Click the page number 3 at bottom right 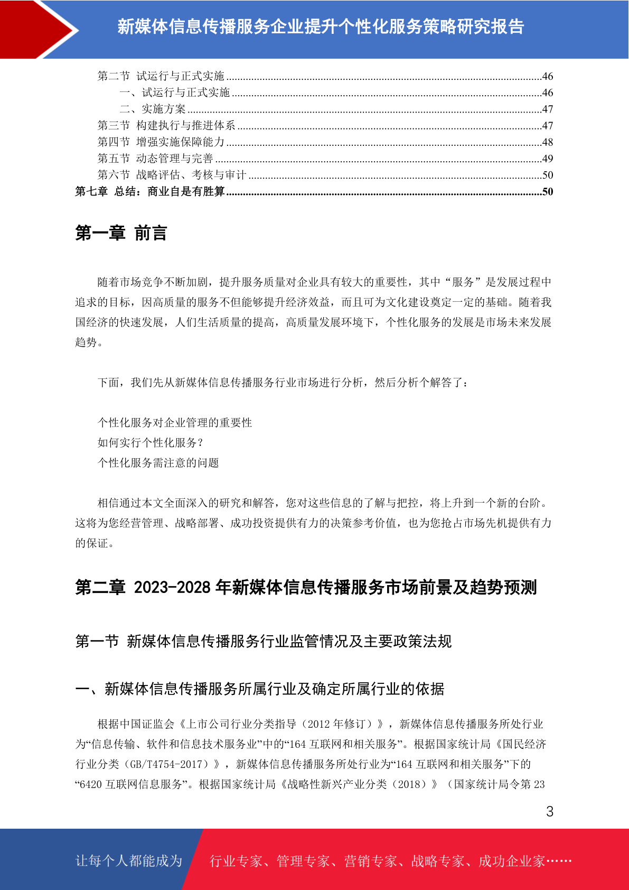coord(549,812)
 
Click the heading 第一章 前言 coord(121,233)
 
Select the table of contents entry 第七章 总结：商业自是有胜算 coord(150,191)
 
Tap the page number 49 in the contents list coord(547,159)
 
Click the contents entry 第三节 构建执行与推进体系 coord(166,126)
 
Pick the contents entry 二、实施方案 coord(153,109)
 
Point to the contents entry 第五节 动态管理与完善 coord(155,159)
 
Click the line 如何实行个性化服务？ coord(151,443)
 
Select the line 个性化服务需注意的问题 coord(158,463)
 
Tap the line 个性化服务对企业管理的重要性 coord(175,423)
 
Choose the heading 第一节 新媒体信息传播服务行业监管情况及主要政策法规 coord(263,642)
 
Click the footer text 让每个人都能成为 coord(129,861)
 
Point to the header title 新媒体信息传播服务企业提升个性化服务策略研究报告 coord(321,27)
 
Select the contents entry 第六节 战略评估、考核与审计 coord(172,175)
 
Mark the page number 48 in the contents coord(547,142)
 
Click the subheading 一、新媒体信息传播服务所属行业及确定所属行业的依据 coord(260,689)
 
